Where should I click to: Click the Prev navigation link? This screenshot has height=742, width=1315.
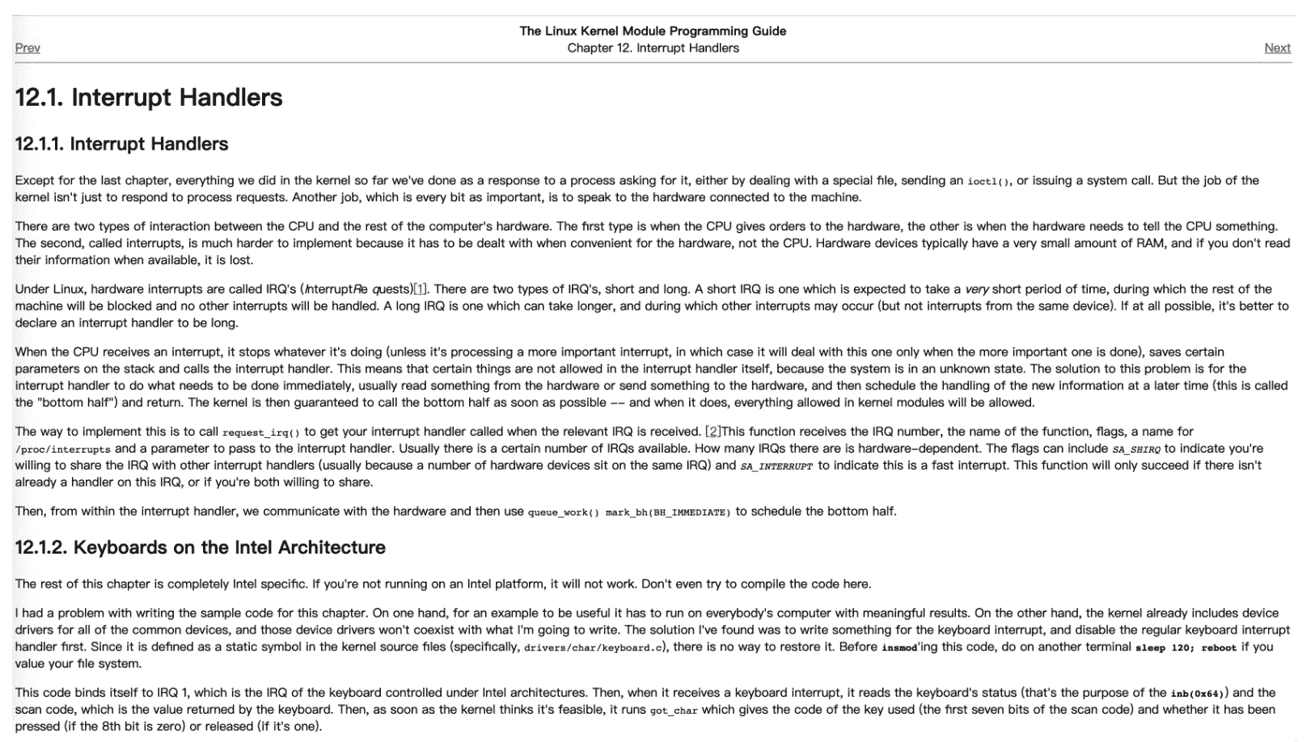(x=27, y=48)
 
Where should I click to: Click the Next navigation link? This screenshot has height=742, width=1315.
(x=1277, y=48)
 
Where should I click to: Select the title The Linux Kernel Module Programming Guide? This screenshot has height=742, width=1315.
(x=653, y=32)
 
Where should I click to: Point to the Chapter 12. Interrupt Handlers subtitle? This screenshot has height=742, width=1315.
(x=653, y=48)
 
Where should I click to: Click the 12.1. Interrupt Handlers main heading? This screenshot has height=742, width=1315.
(x=149, y=98)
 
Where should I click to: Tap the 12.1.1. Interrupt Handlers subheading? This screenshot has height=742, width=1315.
(x=121, y=145)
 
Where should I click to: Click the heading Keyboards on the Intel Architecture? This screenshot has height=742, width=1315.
(x=200, y=548)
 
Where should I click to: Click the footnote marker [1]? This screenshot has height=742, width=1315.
(x=420, y=289)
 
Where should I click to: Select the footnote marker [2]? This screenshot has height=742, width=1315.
(x=712, y=432)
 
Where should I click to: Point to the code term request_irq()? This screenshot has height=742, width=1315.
(x=260, y=433)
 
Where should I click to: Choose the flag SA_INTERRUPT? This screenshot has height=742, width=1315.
(x=776, y=466)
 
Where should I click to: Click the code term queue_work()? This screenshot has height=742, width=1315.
(x=563, y=512)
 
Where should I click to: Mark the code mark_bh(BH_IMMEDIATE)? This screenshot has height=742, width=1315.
(x=668, y=512)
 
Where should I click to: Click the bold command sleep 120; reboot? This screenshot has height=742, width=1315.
(x=1186, y=647)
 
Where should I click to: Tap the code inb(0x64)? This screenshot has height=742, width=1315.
(x=1199, y=694)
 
